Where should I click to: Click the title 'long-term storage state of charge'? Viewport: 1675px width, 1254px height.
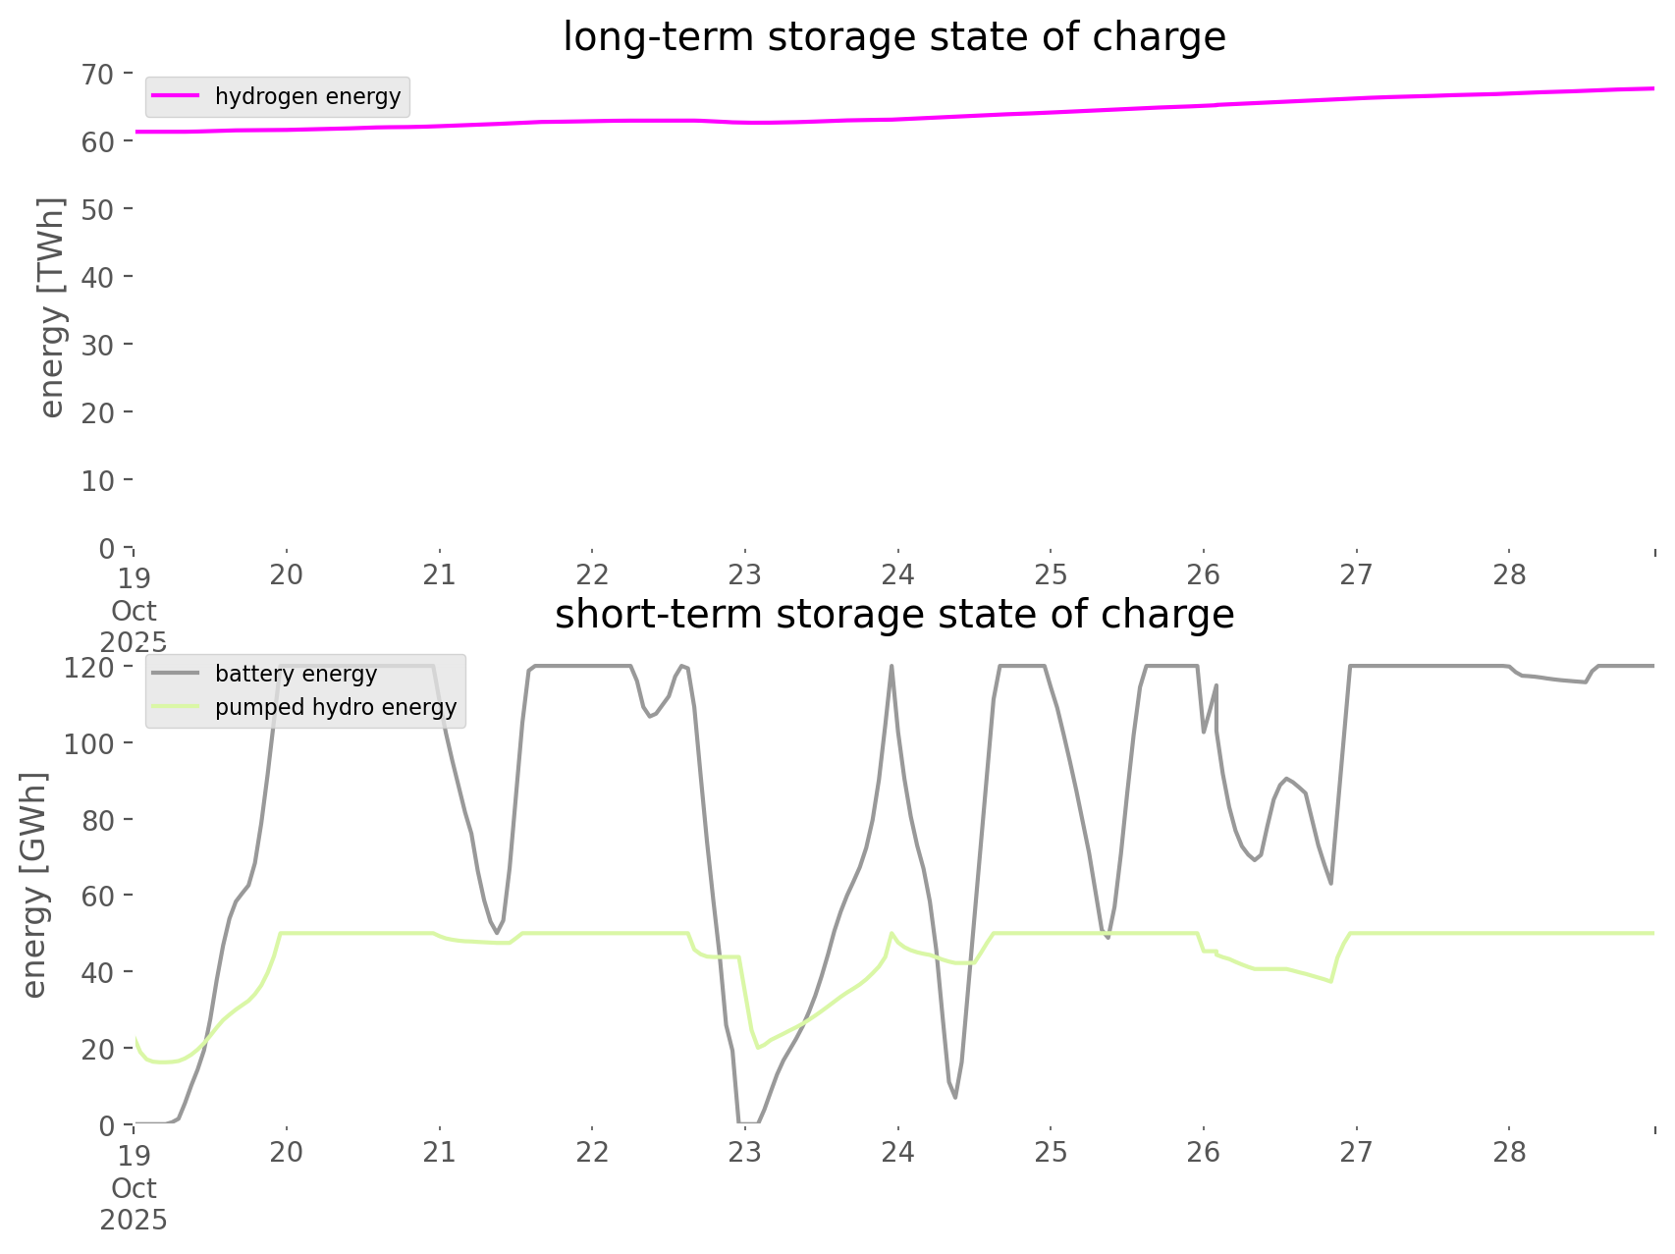coord(893,37)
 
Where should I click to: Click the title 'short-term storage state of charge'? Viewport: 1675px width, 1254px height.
coord(893,615)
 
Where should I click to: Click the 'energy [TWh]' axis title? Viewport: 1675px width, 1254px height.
coord(52,307)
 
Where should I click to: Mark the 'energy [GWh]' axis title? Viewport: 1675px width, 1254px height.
coord(34,886)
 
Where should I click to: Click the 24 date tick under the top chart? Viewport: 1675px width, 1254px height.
coord(897,574)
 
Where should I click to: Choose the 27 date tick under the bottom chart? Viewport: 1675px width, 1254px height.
coord(1356,1152)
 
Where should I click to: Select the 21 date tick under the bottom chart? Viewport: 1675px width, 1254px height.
coord(439,1152)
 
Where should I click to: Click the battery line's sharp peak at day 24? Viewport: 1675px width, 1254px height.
coord(892,667)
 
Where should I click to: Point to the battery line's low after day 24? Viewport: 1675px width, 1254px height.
coord(954,1097)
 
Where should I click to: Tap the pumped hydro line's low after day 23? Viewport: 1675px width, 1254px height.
coord(757,1048)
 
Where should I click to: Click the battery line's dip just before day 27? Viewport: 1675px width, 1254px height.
coord(1330,883)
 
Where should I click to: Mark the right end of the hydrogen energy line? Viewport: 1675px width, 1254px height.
coord(1653,88)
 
